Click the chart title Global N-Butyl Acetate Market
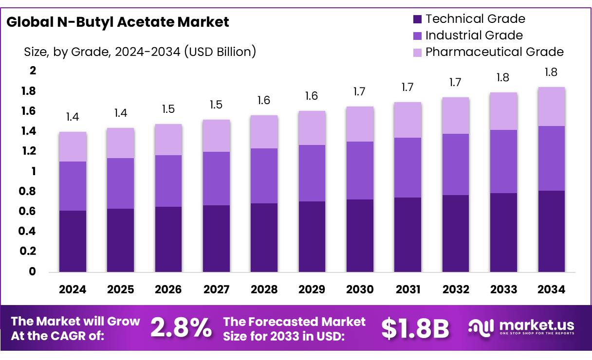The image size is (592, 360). tap(117, 22)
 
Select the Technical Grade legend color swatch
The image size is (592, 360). tap(417, 19)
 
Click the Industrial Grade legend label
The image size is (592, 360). tap(474, 36)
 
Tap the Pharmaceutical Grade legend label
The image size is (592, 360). tap(494, 52)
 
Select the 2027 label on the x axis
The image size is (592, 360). tap(216, 290)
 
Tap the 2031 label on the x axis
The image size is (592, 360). tap(408, 290)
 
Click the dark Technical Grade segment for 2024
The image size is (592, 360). tap(73, 241)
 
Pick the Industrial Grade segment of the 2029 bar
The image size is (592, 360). tap(312, 173)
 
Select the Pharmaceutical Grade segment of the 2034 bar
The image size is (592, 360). tap(552, 107)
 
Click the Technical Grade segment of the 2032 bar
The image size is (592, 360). tap(456, 234)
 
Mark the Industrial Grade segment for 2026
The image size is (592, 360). tap(168, 181)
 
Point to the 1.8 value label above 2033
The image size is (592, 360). tap(503, 77)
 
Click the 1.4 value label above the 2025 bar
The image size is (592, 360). tap(120, 113)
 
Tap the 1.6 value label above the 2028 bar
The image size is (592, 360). tap(264, 100)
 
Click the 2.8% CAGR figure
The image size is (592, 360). tap(181, 328)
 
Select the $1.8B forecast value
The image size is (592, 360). tap(415, 328)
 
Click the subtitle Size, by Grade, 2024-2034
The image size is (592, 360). tap(140, 52)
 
